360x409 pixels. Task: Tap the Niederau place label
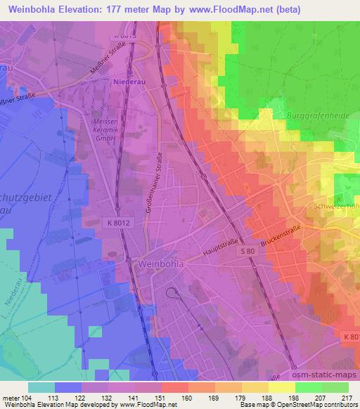(x=129, y=82)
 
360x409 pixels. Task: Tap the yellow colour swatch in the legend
(x=281, y=387)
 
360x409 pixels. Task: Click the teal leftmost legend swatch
(x=41, y=387)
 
